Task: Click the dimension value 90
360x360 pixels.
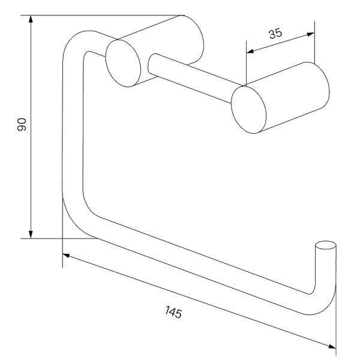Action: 22,124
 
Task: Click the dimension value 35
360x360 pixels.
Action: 275,34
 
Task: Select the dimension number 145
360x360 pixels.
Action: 173,312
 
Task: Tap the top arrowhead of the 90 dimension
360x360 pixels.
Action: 31,19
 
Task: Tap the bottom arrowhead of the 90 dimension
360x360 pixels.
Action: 31,235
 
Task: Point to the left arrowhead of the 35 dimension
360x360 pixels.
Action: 250,51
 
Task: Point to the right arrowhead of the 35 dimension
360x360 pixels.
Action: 311,34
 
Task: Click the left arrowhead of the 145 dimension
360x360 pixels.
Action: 67,256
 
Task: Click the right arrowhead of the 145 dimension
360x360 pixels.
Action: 332,346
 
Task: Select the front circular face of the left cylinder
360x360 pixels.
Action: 123,64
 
